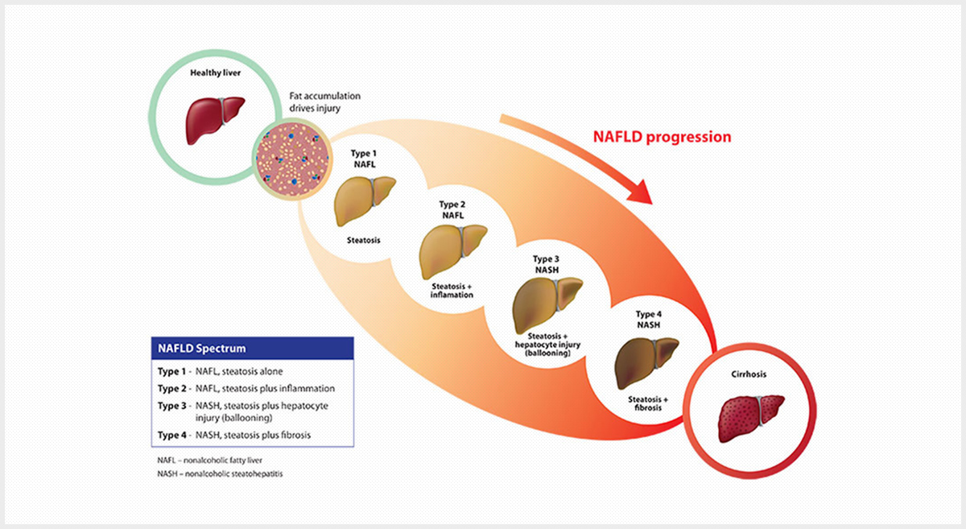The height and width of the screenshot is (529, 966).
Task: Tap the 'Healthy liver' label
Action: point(215,73)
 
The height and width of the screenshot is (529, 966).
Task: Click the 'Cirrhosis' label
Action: point(749,374)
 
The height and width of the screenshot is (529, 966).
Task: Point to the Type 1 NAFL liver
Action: point(365,200)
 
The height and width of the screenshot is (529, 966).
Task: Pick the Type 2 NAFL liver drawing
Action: point(452,251)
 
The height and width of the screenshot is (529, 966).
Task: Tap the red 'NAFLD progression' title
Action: point(662,137)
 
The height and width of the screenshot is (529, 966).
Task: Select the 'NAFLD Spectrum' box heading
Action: point(202,348)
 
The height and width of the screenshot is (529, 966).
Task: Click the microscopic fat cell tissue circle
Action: point(292,159)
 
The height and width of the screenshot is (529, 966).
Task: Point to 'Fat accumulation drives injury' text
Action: point(324,101)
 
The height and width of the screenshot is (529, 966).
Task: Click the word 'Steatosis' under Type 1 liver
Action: point(364,240)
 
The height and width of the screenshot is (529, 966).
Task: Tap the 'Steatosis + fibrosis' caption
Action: point(648,403)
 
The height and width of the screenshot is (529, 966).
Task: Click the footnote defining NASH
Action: point(220,473)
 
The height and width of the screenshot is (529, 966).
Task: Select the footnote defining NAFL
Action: point(209,461)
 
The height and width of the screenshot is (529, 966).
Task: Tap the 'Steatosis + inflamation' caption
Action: point(452,291)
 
